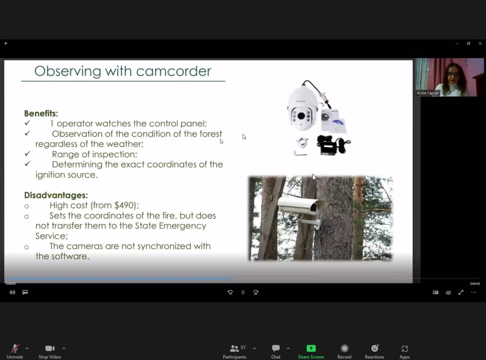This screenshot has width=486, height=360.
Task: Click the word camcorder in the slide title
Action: click(x=174, y=71)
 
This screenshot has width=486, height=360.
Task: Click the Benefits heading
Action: click(x=41, y=113)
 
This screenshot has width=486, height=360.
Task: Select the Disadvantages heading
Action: click(x=56, y=195)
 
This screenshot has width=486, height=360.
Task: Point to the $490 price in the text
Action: click(x=124, y=205)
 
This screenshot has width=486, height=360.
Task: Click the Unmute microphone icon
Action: click(x=15, y=348)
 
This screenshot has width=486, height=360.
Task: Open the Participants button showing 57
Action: click(x=234, y=351)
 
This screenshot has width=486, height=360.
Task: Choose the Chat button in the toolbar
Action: click(x=276, y=351)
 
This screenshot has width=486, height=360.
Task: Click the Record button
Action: click(x=344, y=351)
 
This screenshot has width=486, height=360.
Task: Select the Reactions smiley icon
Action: click(x=375, y=348)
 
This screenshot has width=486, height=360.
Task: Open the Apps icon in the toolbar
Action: click(x=404, y=348)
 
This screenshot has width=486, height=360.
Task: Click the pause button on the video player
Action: click(x=243, y=292)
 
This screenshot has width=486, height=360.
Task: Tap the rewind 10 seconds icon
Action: click(x=230, y=292)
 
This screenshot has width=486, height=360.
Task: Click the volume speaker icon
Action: click(x=12, y=292)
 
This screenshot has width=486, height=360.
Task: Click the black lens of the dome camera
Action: click(x=301, y=116)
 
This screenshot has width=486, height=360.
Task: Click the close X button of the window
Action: click(x=480, y=43)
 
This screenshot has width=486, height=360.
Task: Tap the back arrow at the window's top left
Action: click(x=6, y=43)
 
